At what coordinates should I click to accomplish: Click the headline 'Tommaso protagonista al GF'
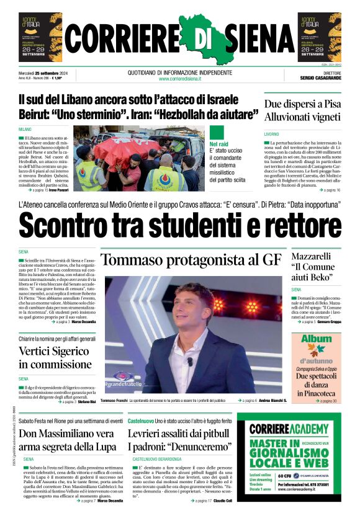191,260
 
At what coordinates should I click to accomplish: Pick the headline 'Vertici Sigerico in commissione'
57,357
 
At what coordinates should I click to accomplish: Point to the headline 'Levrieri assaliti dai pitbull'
179,433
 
